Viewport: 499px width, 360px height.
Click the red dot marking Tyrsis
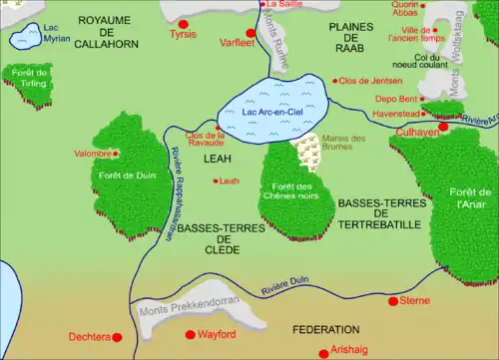(183, 22)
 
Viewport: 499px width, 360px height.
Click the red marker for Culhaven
(443, 127)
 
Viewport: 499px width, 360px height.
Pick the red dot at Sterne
(393, 300)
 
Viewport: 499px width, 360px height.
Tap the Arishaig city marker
(322, 352)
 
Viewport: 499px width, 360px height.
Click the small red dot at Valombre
(116, 154)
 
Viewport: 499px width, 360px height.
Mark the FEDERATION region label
(325, 329)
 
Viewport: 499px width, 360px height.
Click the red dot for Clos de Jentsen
(335, 80)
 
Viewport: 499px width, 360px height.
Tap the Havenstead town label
(395, 114)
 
